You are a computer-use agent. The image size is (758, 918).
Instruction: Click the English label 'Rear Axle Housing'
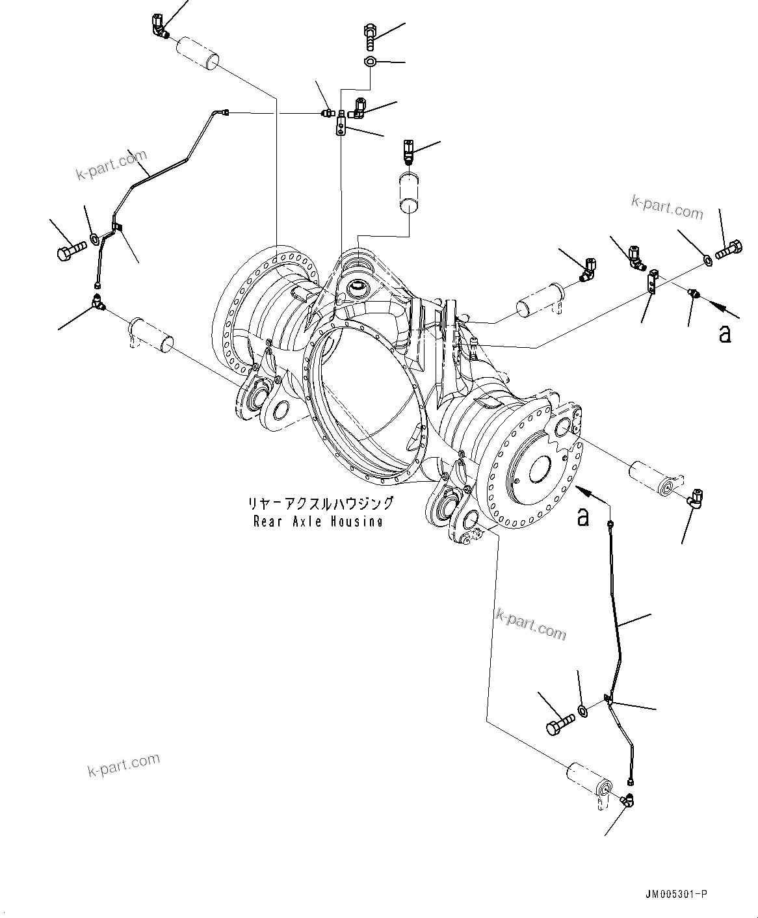click(318, 521)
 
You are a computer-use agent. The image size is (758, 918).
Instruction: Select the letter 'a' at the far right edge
click(725, 334)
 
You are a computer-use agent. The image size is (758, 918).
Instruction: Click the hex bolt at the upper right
click(729, 250)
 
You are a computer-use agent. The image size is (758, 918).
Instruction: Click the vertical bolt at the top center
click(370, 36)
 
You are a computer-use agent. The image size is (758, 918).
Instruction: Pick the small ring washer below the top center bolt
click(369, 62)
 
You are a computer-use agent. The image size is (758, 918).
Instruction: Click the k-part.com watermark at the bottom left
click(124, 765)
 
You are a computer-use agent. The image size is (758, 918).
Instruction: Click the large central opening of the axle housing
click(364, 403)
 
